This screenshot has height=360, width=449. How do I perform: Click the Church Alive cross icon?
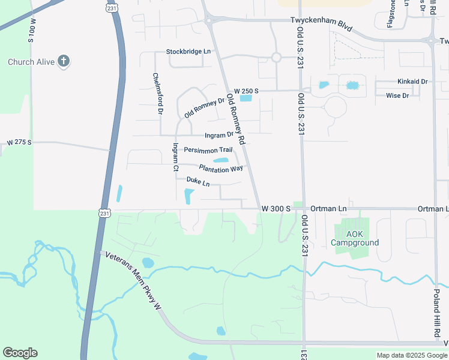(64, 61)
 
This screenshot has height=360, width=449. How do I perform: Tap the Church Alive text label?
(31, 62)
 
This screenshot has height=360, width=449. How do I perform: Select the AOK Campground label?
(355, 238)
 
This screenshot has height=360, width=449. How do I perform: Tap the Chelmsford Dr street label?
(157, 94)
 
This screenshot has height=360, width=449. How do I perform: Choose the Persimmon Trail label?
(208, 149)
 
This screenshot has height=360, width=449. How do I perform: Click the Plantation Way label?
(221, 169)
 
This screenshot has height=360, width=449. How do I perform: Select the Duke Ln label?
(198, 181)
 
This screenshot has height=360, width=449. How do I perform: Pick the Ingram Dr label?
(218, 135)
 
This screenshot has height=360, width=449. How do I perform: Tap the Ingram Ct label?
(176, 157)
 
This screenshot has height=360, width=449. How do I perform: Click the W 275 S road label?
(19, 143)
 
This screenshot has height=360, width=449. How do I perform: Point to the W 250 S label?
(246, 90)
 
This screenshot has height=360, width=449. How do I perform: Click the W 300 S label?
(276, 208)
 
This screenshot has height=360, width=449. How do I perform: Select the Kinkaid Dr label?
(412, 81)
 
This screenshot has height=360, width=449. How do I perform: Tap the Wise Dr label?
(397, 95)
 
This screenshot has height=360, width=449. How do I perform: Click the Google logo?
(20, 352)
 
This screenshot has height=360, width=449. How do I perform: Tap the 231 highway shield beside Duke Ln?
(104, 212)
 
